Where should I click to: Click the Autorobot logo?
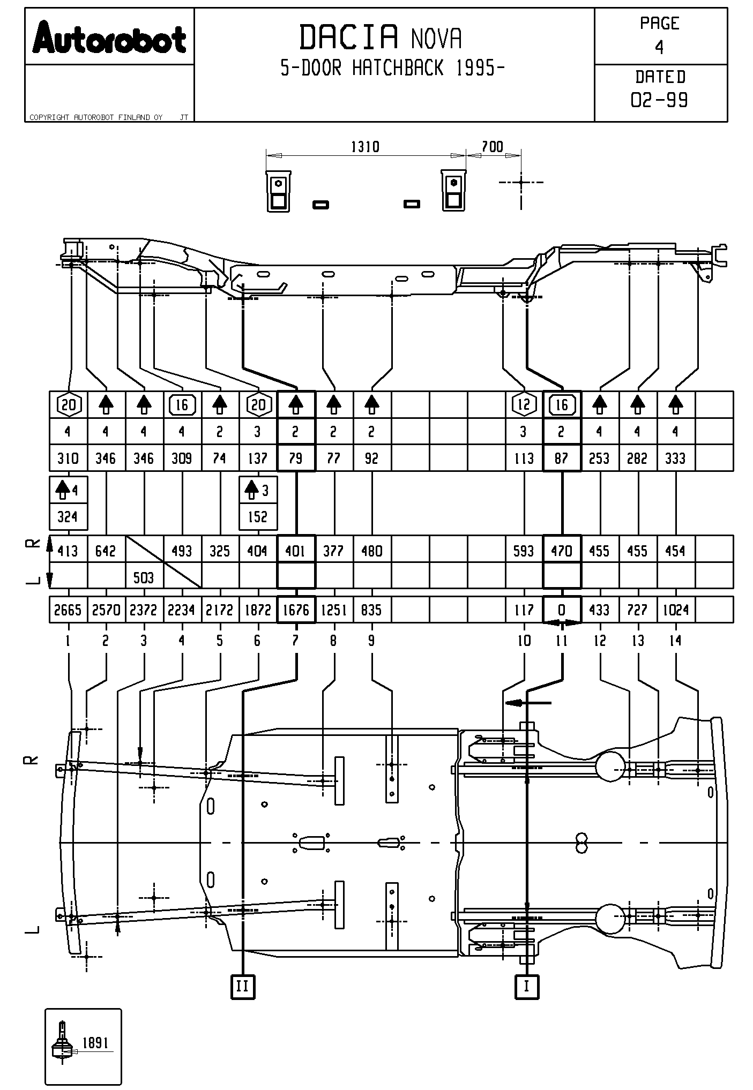(109, 38)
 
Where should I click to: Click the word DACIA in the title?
(349, 37)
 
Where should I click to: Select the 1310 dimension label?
(365, 147)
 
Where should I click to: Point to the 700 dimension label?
(492, 147)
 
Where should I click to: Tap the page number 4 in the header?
(659, 48)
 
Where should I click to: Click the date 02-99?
(660, 100)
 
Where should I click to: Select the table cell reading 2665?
(68, 610)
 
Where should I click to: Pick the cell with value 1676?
(296, 610)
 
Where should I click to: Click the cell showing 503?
(144, 577)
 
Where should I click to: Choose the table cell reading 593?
(524, 551)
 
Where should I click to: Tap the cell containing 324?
(68, 517)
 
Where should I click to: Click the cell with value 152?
(258, 517)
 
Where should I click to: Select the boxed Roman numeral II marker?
(243, 986)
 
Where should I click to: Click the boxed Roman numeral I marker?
(526, 986)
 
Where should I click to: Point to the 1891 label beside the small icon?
(95, 1043)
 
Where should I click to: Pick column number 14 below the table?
(675, 641)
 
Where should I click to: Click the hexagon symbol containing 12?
(524, 404)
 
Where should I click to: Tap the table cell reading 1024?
(675, 610)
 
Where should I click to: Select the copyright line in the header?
(96, 117)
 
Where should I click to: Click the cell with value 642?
(106, 551)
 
